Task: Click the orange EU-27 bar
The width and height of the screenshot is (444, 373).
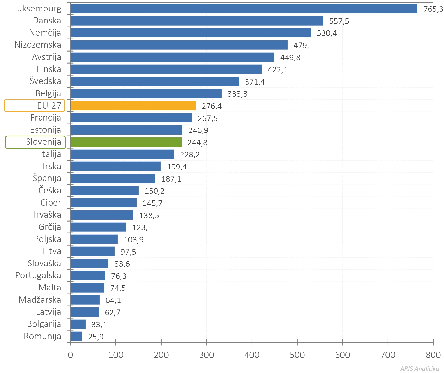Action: click(133, 106)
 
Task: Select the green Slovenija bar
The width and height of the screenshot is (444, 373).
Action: click(126, 142)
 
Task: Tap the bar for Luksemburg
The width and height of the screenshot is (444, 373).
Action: click(244, 9)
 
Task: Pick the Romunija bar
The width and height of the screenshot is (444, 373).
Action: click(76, 336)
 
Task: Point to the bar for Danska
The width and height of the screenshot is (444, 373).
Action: click(197, 21)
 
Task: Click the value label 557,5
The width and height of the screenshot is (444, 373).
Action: click(339, 21)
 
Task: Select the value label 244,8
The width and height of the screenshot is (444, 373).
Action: click(197, 143)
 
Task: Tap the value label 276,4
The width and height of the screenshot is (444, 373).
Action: click(212, 106)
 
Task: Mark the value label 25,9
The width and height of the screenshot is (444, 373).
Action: click(96, 337)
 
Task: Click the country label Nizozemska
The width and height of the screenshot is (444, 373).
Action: click(38, 45)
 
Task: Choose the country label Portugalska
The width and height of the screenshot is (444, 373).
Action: click(38, 275)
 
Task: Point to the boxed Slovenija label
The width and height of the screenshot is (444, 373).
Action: click(35, 142)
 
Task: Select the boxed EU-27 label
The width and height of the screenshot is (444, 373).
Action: click(35, 105)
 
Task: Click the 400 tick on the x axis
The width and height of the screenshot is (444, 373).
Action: click(252, 355)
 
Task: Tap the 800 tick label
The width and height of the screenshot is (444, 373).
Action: click(433, 355)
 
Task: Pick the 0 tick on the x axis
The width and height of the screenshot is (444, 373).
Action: click(70, 355)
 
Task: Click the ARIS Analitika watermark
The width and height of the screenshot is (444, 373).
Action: click(420, 369)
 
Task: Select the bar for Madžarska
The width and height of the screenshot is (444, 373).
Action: click(85, 300)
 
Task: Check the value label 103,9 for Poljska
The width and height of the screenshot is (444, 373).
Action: click(133, 240)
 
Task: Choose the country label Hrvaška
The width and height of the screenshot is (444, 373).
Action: click(46, 215)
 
